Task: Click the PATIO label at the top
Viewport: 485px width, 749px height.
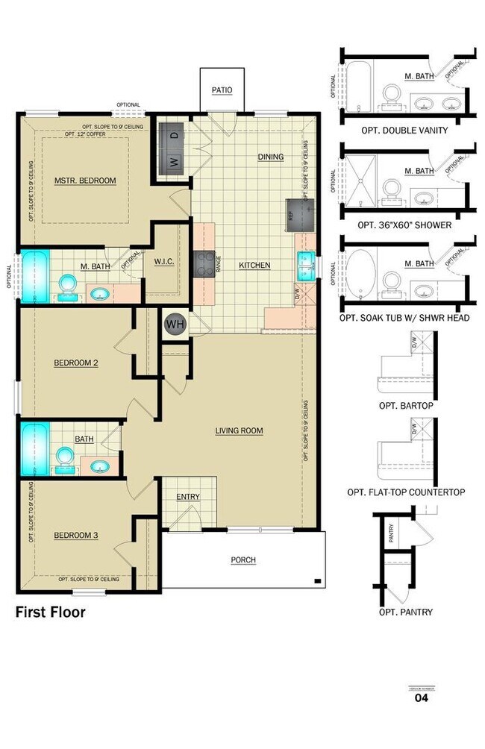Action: [x=222, y=90]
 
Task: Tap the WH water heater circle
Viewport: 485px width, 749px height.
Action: [x=175, y=325]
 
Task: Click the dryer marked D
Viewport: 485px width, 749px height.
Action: [x=173, y=135]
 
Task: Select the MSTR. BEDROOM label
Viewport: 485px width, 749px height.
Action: [x=85, y=181]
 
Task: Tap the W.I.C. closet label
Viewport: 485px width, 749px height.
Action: [x=163, y=262]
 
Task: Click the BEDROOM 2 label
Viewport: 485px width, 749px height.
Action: [x=76, y=363]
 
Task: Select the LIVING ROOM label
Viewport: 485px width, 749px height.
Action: [x=239, y=430]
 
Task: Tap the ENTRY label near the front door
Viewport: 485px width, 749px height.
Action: [x=187, y=497]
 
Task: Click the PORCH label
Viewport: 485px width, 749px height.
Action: [x=243, y=560]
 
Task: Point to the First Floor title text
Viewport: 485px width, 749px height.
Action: [x=51, y=612]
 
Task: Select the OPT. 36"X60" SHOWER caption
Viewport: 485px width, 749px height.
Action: [x=404, y=225]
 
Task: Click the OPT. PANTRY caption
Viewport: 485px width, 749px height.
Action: [x=405, y=612]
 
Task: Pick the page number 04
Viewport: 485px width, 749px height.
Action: [x=422, y=699]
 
